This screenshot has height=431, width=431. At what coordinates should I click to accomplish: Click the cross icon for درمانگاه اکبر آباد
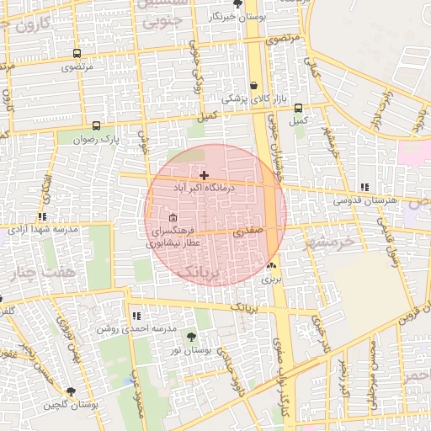point(204,175)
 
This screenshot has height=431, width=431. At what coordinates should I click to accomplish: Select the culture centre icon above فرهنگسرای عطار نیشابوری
point(173,217)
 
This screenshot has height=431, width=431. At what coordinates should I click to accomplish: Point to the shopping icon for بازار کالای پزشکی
point(253,85)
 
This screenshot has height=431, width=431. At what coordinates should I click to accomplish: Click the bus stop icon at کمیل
point(298,108)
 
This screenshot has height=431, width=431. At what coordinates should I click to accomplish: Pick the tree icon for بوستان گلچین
point(71,391)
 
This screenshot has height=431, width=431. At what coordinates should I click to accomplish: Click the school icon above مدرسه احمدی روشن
point(136,316)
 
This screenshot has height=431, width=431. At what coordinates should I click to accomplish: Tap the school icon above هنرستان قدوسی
point(364,187)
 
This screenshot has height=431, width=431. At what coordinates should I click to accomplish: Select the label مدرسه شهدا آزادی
point(43,229)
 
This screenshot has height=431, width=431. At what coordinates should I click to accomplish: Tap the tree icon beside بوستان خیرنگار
point(237,3)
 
